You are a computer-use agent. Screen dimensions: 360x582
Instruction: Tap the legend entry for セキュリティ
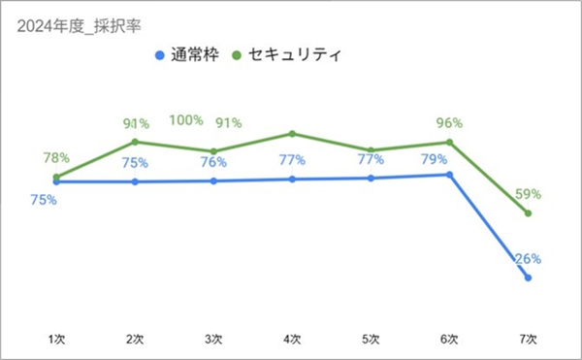click(286, 55)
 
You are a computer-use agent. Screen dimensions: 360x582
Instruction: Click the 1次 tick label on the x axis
click(57, 339)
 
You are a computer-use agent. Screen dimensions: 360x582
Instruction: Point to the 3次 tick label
click(213, 339)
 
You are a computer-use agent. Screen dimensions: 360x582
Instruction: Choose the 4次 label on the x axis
click(292, 339)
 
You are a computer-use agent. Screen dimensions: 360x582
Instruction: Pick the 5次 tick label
click(371, 339)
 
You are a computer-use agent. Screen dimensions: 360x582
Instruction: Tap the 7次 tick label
click(528, 339)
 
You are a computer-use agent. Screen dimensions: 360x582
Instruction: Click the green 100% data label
click(186, 121)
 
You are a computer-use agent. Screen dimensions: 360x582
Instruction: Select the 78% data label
click(56, 158)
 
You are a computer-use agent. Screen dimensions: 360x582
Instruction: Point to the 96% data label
click(449, 123)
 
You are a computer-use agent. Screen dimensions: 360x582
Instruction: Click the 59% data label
click(528, 193)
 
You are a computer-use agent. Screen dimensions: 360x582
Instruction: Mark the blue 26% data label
click(528, 259)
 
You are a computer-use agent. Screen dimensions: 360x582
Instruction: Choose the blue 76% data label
click(213, 162)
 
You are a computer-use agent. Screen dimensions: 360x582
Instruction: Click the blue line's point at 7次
click(528, 278)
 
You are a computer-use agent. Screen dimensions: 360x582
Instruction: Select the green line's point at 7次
click(528, 213)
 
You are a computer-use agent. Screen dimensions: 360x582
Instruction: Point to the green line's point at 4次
click(292, 134)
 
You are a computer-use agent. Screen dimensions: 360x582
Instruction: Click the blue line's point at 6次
click(449, 175)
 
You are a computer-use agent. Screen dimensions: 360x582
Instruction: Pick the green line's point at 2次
click(135, 143)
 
